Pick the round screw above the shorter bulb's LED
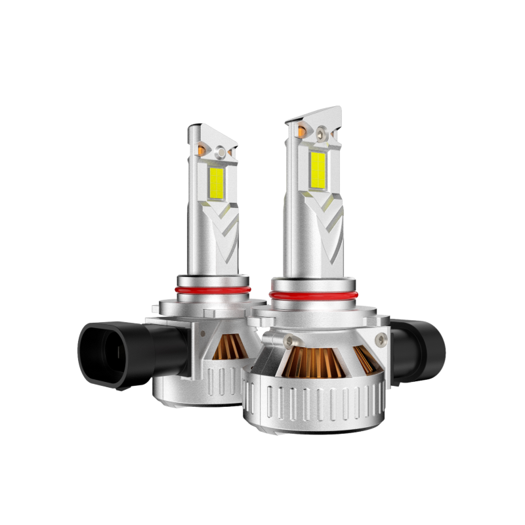point(221,152)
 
